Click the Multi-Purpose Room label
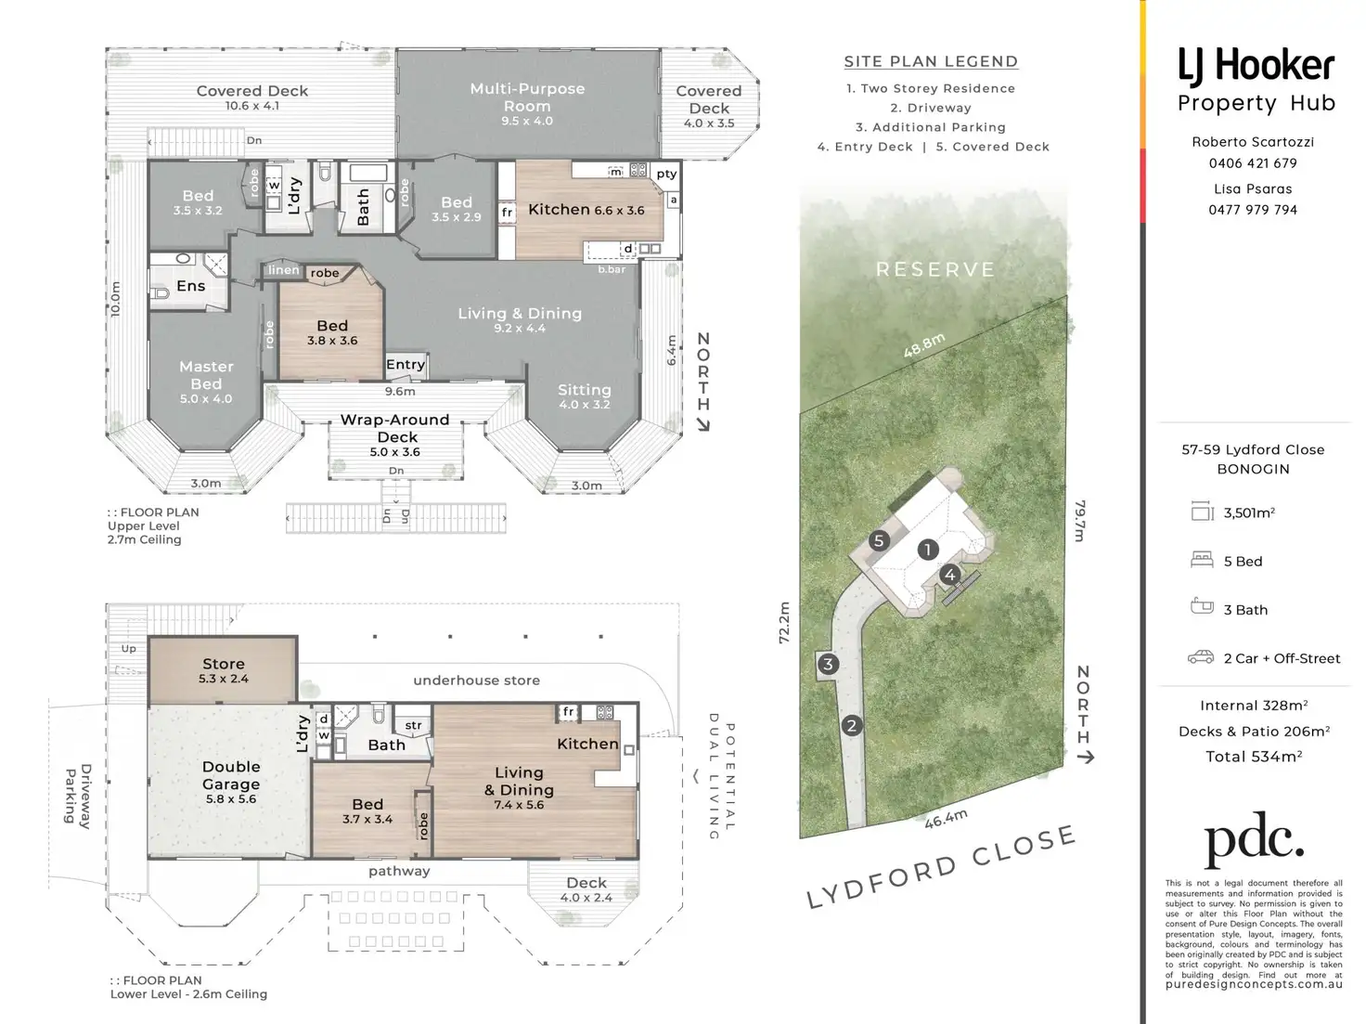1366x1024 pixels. click(x=527, y=97)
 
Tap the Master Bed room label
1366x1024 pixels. click(x=206, y=375)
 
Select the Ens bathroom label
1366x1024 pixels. click(x=191, y=286)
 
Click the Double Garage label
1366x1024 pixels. click(x=231, y=775)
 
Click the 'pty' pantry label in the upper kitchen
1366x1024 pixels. click(x=666, y=174)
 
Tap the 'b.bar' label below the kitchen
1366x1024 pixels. click(x=612, y=269)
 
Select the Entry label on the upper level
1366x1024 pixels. click(x=406, y=365)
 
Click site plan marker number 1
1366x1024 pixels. click(x=927, y=550)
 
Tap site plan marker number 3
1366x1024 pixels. click(x=828, y=664)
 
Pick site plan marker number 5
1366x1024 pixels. click(x=879, y=540)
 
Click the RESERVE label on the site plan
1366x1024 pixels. click(x=935, y=269)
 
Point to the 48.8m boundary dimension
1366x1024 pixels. click(x=924, y=345)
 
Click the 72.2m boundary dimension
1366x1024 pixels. click(x=784, y=622)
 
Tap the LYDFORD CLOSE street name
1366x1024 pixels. click(x=941, y=867)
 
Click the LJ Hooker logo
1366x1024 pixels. click(x=1256, y=66)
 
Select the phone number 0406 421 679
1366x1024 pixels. click(x=1253, y=163)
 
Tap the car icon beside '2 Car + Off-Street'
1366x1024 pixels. click(x=1201, y=657)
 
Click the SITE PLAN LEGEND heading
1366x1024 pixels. click(x=931, y=61)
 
